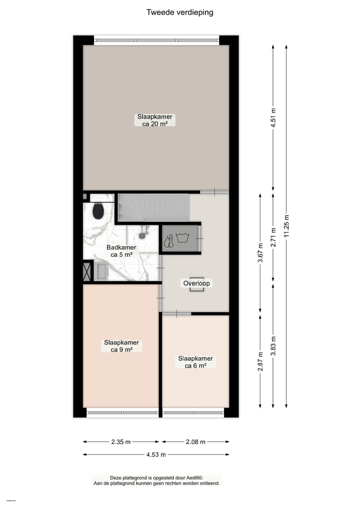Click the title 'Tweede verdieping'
click(179, 12)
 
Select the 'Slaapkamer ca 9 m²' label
click(121, 346)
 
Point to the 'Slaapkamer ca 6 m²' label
click(195, 362)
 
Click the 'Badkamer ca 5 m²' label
click(121, 251)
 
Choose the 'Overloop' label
click(196, 283)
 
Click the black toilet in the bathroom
click(98, 211)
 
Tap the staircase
click(153, 207)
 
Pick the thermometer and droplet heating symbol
click(169, 241)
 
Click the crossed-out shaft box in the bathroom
click(87, 271)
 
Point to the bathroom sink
click(102, 271)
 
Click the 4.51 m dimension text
click(273, 118)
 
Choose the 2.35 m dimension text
click(121, 442)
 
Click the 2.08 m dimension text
click(195, 442)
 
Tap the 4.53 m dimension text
click(156, 455)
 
